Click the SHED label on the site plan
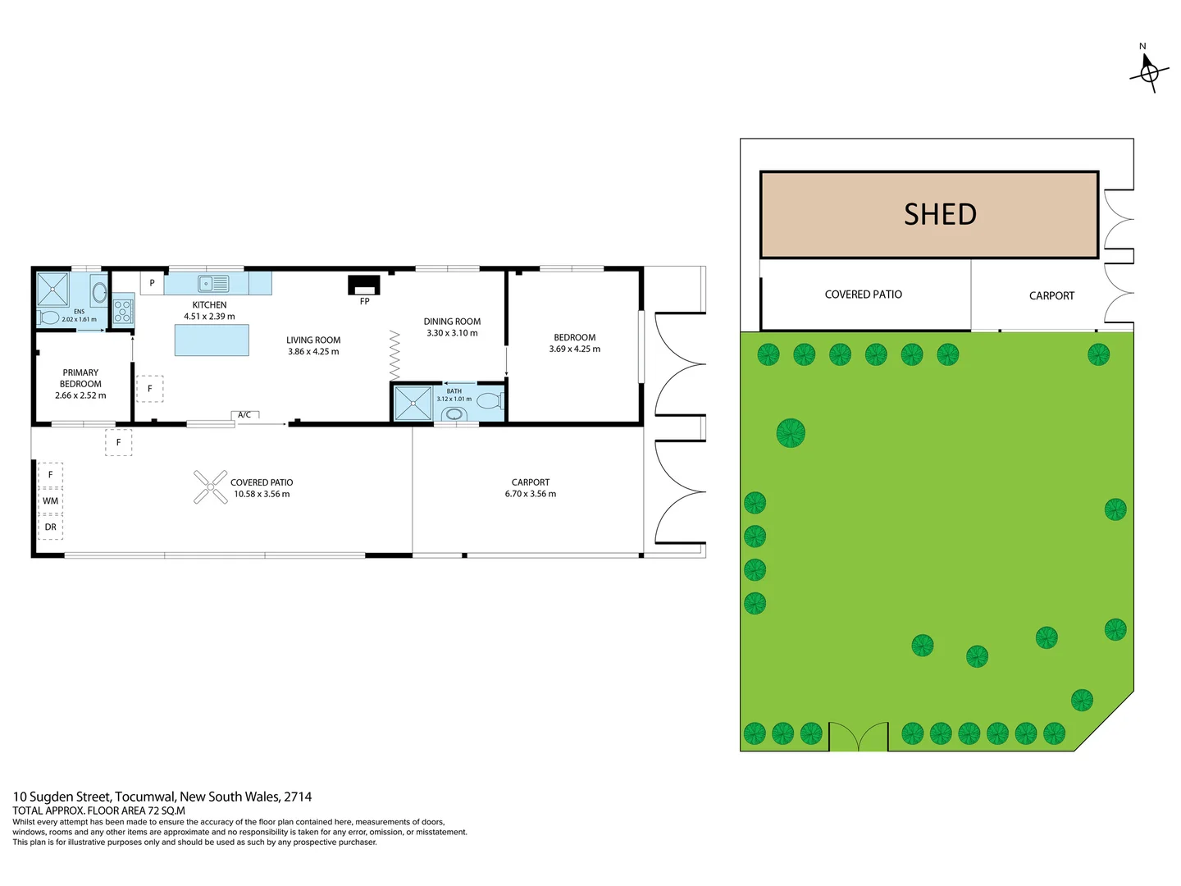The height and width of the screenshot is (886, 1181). (x=940, y=215)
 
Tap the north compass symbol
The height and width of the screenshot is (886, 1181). (x=1148, y=72)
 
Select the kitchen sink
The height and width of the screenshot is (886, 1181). (x=214, y=284)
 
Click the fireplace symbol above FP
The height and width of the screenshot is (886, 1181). (x=364, y=285)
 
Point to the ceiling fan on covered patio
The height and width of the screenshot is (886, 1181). (x=211, y=487)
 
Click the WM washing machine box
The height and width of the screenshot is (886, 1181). (x=51, y=501)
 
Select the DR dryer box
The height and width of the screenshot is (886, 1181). (x=51, y=527)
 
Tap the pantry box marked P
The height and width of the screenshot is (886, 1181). (x=152, y=283)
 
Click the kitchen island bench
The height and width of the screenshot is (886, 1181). (x=212, y=340)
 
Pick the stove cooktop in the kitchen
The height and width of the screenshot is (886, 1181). (x=123, y=311)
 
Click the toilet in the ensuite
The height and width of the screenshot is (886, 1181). (x=48, y=317)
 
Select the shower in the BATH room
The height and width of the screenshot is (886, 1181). (x=413, y=404)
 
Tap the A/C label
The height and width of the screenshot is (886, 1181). (x=244, y=415)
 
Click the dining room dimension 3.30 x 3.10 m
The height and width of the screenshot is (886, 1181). (x=452, y=333)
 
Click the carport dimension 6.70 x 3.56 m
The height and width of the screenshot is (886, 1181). (x=531, y=494)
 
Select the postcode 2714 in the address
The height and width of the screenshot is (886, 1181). (x=298, y=797)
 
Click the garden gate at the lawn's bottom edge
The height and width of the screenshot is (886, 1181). (x=858, y=737)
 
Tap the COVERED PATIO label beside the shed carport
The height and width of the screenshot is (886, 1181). (x=863, y=295)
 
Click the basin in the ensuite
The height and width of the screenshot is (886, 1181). (x=98, y=292)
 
